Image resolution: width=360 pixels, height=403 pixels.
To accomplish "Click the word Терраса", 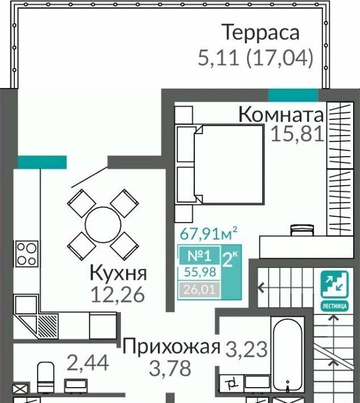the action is pos(262,32).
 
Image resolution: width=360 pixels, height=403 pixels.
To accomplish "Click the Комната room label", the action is pos(281,115).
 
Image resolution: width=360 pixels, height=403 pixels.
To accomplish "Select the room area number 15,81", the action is pos(298,134).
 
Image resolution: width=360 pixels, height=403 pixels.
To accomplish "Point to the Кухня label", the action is pos(118,273).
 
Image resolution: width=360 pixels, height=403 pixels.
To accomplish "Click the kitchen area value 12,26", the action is pos(118,295).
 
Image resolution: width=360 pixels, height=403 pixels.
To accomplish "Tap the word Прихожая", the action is pos(171,347).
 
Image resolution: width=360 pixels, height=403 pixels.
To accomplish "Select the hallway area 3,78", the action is pos(170,368).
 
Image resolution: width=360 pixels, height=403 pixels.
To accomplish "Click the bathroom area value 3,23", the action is pos(247,350).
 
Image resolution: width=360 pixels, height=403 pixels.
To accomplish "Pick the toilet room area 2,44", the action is pos(88,363).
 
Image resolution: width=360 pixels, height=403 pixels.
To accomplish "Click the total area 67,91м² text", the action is pos(208,233).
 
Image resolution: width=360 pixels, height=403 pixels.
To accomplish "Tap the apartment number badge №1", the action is pos(199,255).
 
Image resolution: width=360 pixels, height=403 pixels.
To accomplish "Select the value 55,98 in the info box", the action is pos(200,272).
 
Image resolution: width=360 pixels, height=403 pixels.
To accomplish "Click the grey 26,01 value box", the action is pos(199,289).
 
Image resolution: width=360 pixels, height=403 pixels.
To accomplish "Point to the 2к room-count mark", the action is pos(230,260).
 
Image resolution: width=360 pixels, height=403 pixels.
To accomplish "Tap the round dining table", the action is pos(103,225).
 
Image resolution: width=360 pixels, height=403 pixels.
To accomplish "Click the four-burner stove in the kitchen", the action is pos(27,254).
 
